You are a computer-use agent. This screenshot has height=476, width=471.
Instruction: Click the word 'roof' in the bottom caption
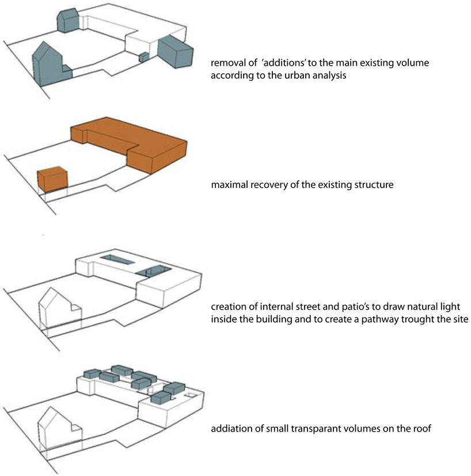click(421, 429)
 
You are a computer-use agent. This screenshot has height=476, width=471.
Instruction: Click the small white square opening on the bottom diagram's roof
click(188, 395)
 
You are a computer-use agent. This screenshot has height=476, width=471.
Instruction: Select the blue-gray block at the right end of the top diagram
click(177, 50)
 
